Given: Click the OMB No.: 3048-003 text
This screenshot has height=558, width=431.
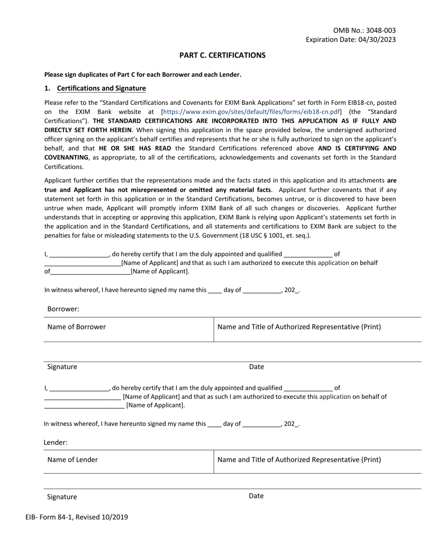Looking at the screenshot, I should tap(364, 30).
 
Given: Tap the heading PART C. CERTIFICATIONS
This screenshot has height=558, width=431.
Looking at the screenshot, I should tap(222, 55).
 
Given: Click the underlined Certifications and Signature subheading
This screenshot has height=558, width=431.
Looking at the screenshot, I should tap(101, 88).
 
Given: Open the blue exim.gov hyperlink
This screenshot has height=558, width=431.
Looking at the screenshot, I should tap(251, 112).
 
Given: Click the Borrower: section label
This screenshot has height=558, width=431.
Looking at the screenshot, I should tap(63, 309).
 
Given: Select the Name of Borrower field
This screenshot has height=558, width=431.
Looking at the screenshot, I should tap(77, 327).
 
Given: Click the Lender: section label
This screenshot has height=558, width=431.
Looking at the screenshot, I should tap(55, 442).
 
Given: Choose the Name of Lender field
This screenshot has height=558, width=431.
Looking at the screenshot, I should tap(73, 460).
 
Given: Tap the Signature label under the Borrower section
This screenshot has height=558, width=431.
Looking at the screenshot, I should tap(62, 367).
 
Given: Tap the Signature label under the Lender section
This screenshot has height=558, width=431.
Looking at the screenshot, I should tap(62, 497).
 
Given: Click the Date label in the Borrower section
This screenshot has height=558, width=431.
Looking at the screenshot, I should tap(256, 367).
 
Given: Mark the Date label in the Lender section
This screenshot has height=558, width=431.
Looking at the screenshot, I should tap(256, 496).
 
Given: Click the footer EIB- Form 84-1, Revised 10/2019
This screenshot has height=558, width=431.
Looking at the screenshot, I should tap(77, 517).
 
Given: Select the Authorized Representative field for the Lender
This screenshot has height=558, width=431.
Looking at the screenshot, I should tap(299, 460).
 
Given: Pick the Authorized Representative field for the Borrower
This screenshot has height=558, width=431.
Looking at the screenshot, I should tap(299, 327).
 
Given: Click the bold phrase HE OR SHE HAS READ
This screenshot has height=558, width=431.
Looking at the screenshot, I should tap(135, 148).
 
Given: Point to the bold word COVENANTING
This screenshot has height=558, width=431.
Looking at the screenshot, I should tap(66, 157).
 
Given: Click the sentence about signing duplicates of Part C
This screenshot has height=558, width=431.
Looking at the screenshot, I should tap(143, 75).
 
